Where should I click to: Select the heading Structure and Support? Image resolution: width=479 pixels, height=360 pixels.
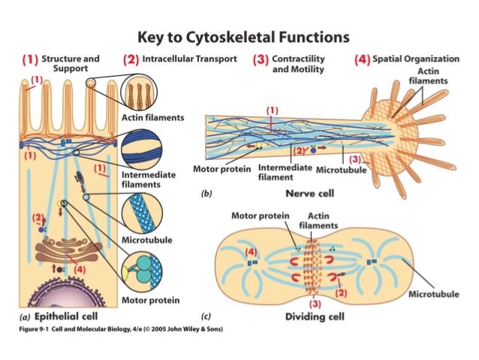tap(71, 63)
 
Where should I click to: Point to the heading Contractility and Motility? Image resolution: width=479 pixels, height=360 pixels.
tap(298, 63)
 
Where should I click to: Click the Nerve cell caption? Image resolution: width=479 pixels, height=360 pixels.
tap(309, 193)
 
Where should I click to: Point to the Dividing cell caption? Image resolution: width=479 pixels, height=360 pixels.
tap(315, 316)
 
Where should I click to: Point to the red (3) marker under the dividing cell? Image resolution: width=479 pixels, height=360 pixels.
tap(315, 304)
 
